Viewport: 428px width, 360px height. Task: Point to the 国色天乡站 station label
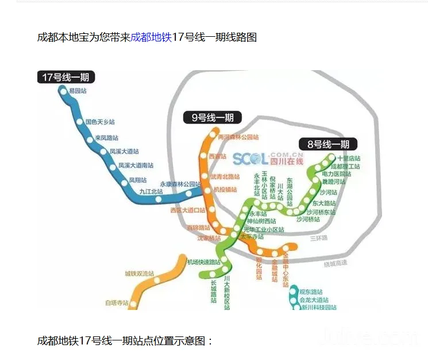pos(100,122)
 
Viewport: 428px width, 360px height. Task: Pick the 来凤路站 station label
pos(107,138)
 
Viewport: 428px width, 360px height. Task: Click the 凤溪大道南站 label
pos(136,165)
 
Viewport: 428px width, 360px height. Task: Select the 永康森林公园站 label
pos(180,185)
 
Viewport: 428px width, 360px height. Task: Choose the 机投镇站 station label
pos(225,189)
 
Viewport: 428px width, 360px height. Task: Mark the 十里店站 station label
pos(349,158)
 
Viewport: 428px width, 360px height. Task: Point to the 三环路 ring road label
pos(318,238)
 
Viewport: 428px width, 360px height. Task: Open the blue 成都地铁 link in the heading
pos(151,37)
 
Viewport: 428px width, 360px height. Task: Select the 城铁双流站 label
pos(140,273)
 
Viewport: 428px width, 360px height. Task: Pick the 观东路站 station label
pos(311,292)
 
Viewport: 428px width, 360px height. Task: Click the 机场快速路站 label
pos(204,262)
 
